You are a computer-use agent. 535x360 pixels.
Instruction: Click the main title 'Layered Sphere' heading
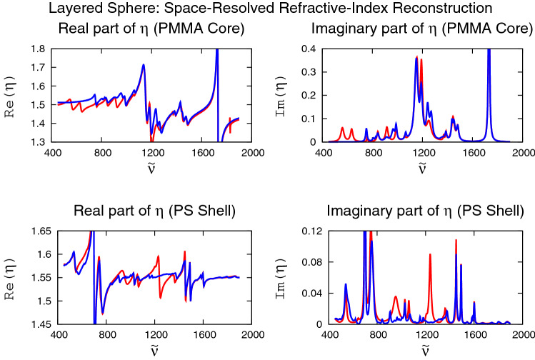[267, 9]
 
